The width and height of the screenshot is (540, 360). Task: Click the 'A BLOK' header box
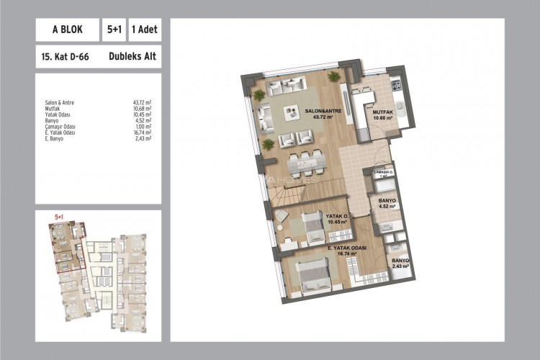click(x=66, y=30)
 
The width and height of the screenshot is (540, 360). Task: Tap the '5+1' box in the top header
click(x=113, y=30)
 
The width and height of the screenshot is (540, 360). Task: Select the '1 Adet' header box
click(x=144, y=30)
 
